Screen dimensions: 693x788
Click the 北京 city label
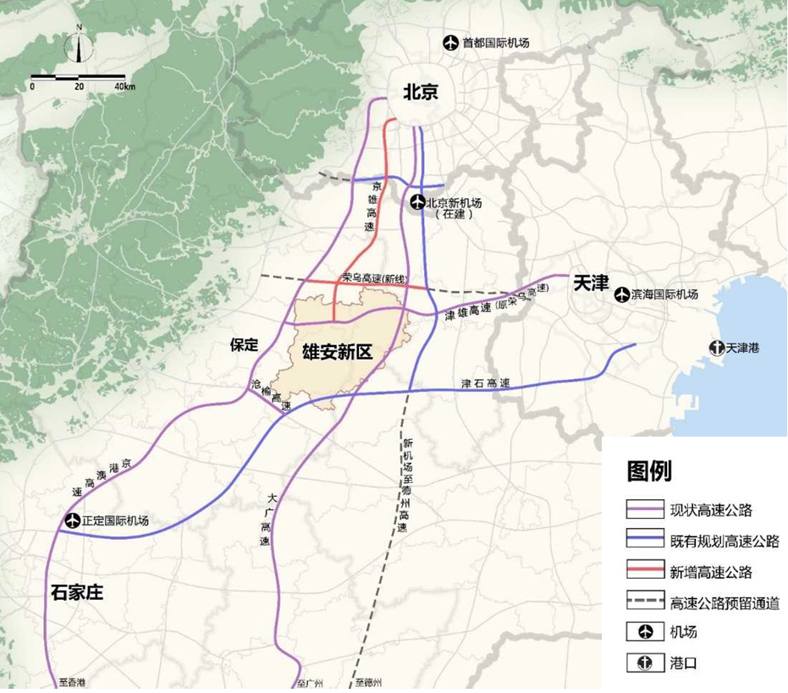[x=421, y=91]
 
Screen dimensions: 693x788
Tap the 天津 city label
[x=590, y=283]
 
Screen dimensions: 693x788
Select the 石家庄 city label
[x=77, y=591]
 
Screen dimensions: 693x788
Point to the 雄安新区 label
[x=338, y=352]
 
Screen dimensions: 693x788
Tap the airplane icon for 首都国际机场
[x=451, y=42]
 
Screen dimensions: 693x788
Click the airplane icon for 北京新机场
[x=416, y=203]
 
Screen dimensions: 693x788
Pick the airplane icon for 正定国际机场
[x=72, y=520]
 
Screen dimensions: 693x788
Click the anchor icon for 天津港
[x=716, y=348]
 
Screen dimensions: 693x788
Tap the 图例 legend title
[x=649, y=471]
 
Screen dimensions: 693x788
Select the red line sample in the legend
[x=645, y=571]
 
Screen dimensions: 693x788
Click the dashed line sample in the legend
[x=645, y=602]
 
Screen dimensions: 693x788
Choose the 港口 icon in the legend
[x=645, y=663]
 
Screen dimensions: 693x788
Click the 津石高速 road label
[x=485, y=383]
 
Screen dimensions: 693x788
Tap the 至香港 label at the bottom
[x=72, y=682]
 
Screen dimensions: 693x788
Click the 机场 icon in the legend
[x=645, y=632]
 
